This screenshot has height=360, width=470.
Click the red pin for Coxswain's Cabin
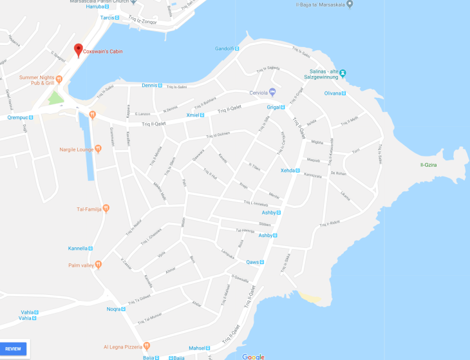[78, 49]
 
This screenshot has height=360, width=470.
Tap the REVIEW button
[14, 348]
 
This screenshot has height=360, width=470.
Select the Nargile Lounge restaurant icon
[98, 149]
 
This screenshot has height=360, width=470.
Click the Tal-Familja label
[89, 208]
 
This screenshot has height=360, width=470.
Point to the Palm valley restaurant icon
[98, 265]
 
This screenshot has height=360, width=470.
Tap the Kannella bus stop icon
[90, 248]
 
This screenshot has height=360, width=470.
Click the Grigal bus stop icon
[283, 107]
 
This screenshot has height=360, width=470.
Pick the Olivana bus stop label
[332, 93]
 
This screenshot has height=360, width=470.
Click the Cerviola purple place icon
[272, 91]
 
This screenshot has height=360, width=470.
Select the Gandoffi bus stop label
[223, 48]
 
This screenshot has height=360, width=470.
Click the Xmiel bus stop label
[192, 115]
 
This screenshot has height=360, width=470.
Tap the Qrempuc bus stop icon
[33, 118]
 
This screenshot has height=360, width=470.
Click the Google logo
[253, 357]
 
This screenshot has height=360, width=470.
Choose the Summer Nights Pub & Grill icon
[59, 80]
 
